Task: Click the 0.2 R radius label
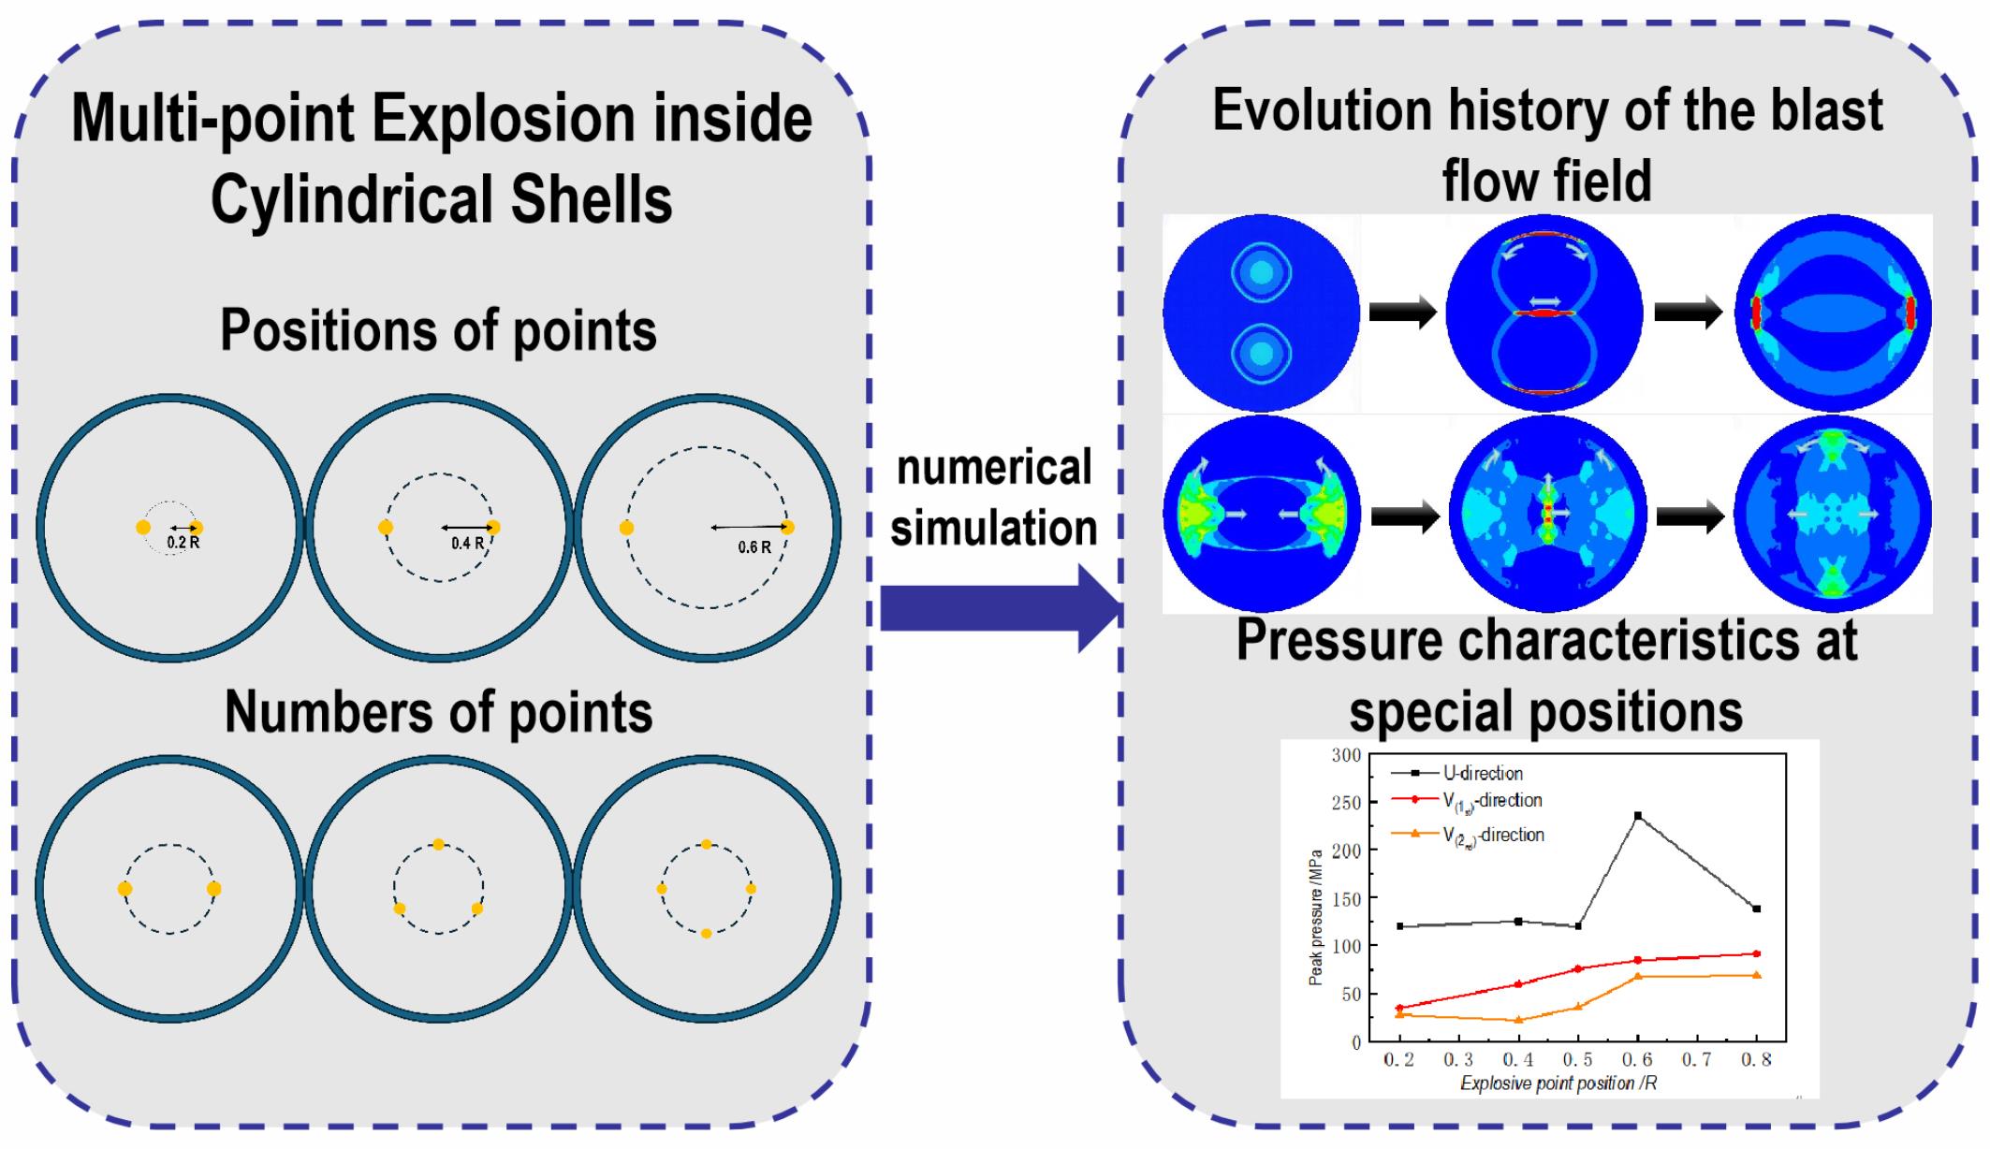pos(183,543)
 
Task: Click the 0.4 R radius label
pos(467,544)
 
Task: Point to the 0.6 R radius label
pos(754,547)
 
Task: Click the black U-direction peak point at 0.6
pos(1637,815)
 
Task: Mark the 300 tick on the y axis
pos(1347,755)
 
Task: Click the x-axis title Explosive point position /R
pos(1558,1084)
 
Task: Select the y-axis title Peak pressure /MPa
pos(1316,917)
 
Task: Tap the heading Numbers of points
pos(439,713)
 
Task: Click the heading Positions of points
pos(438,330)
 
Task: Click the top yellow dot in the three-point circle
pos(438,845)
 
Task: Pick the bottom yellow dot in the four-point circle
pos(706,933)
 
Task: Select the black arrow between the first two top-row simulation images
pos(1402,313)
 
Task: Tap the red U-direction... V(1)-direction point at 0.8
pos(1756,953)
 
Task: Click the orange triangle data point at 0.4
pos(1518,1020)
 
